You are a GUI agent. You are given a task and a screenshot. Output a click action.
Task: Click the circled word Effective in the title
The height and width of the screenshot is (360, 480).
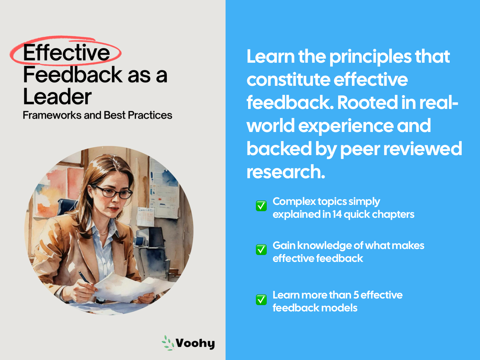point(66,52)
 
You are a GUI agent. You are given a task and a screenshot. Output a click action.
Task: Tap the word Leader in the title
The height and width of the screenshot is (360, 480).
point(57,97)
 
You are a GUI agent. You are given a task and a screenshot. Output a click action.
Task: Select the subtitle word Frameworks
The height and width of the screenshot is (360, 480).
point(52,115)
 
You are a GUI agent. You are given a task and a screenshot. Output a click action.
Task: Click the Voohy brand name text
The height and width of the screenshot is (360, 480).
point(195,343)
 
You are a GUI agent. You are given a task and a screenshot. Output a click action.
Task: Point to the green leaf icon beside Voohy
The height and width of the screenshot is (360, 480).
point(168,343)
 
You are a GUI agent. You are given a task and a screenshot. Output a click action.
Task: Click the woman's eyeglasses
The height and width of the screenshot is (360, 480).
point(112,192)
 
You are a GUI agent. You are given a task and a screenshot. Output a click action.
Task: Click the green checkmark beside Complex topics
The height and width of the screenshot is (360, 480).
point(261,206)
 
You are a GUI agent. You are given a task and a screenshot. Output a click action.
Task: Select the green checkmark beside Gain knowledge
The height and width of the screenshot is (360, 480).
point(261,250)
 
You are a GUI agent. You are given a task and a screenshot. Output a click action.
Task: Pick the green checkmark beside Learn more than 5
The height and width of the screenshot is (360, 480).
point(261,300)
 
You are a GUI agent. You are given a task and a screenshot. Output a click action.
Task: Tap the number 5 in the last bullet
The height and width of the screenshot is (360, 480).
point(356,295)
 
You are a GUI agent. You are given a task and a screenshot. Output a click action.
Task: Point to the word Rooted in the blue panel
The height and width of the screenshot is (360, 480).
point(367,102)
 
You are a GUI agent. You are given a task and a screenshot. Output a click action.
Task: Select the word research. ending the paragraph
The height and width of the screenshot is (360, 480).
point(286,172)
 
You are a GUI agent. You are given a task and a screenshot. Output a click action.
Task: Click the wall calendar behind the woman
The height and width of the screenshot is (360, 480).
point(145,216)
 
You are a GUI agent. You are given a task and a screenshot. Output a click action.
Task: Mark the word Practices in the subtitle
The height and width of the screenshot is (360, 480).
point(150,115)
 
